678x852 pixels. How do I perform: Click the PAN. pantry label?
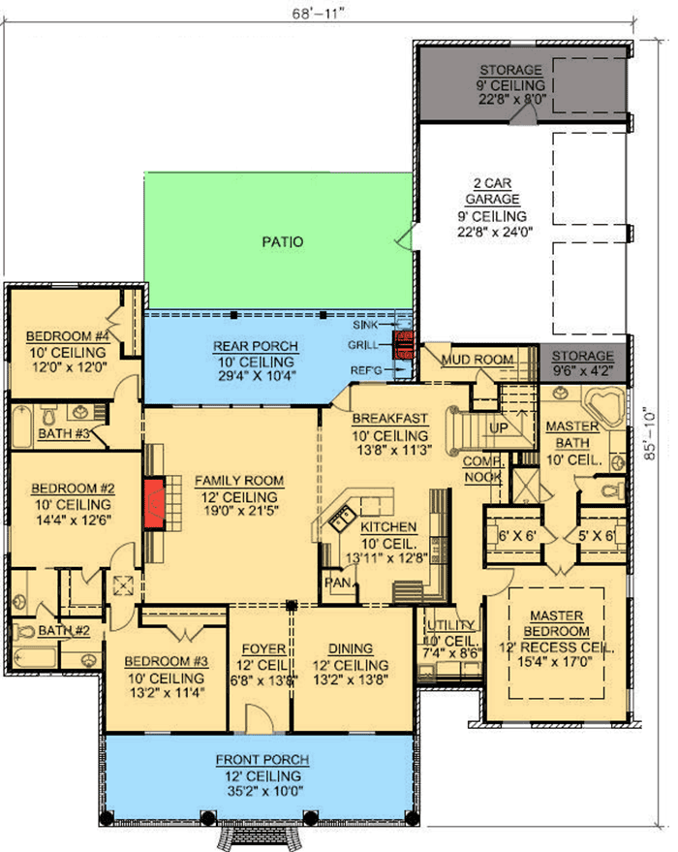[x=337, y=583]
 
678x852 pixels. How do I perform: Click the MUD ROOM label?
[x=476, y=360]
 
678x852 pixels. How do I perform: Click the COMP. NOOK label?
[x=481, y=468]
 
